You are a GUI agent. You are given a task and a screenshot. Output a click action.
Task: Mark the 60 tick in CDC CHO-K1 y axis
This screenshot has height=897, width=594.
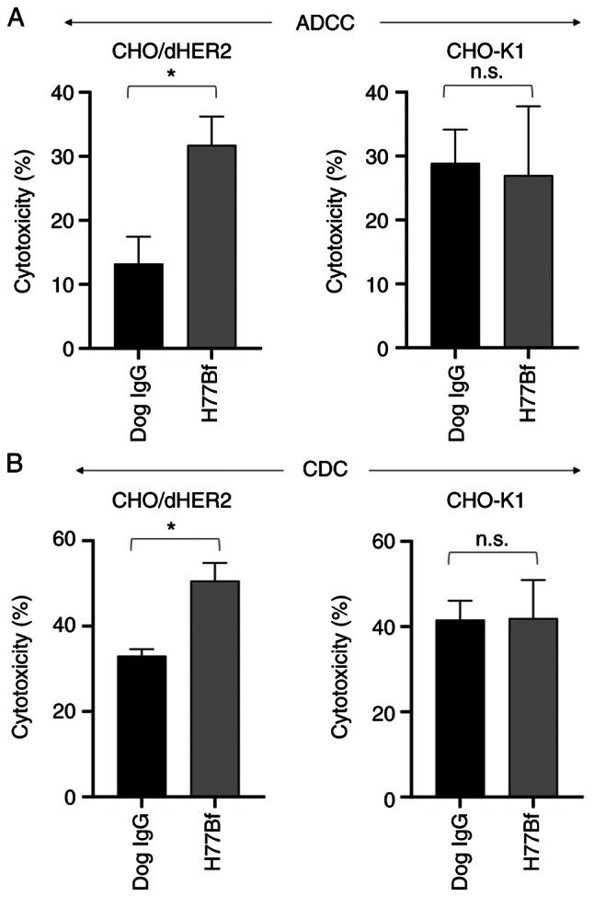(x=380, y=541)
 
